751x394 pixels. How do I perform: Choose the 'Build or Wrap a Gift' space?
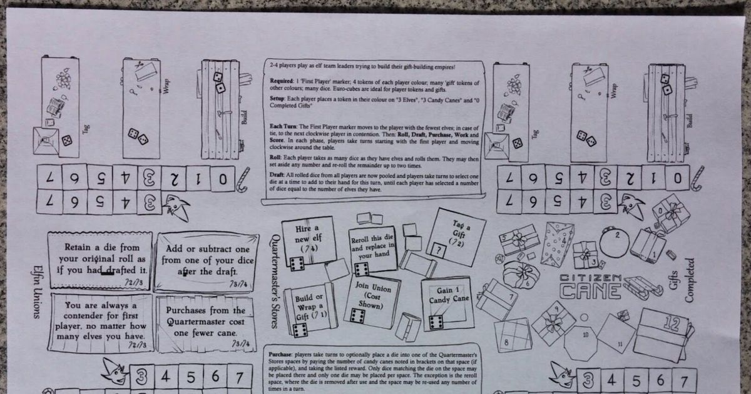click(x=310, y=306)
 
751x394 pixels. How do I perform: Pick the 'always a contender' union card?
click(x=100, y=322)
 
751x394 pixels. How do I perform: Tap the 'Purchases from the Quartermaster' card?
click(x=205, y=322)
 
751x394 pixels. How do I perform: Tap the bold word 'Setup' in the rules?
click(x=277, y=98)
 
